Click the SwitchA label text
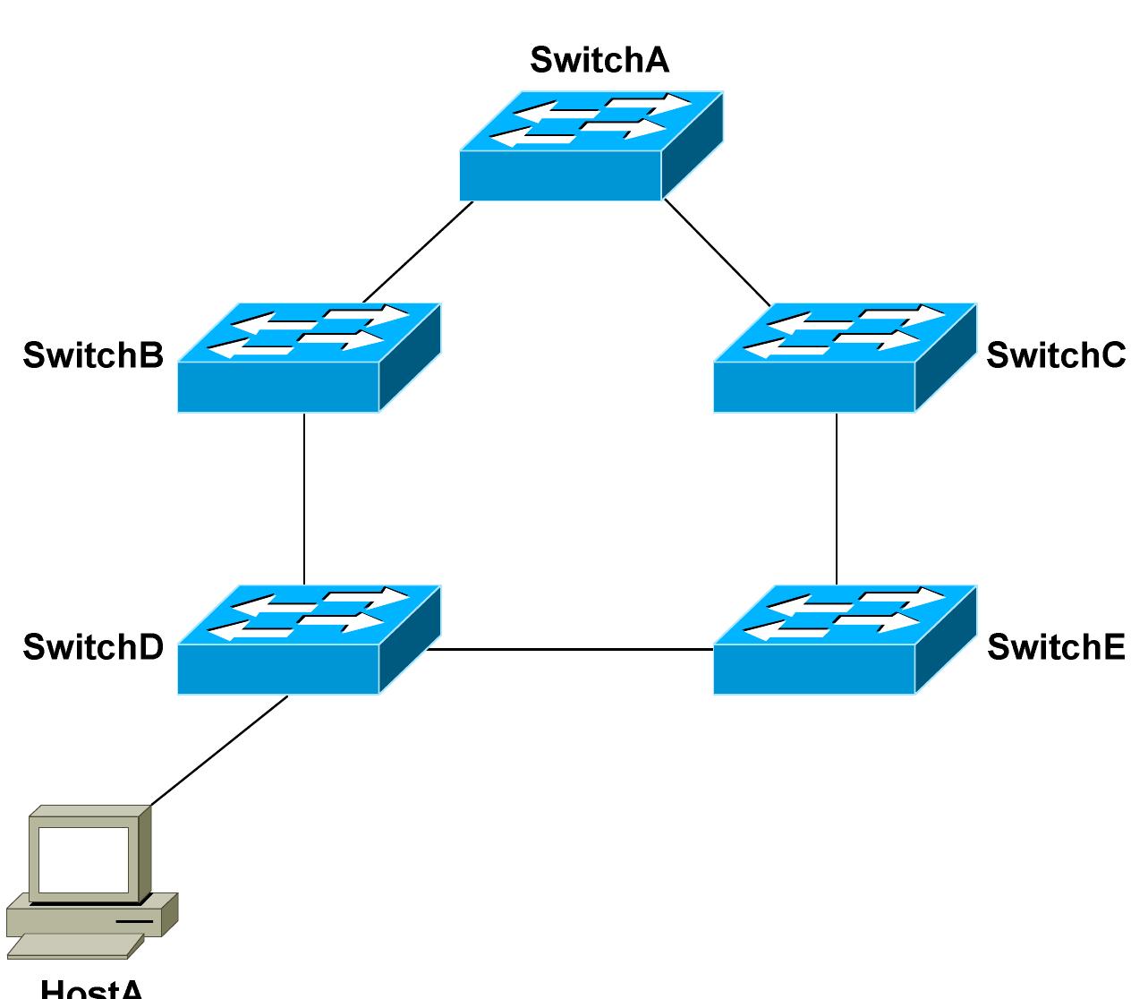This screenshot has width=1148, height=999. pyautogui.click(x=599, y=60)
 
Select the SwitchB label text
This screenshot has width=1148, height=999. pyautogui.click(x=93, y=355)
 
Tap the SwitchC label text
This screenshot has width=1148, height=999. pyautogui.click(x=1055, y=355)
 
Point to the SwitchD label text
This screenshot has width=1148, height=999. pyautogui.click(x=93, y=646)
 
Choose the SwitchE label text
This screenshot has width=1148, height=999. pyautogui.click(x=1055, y=646)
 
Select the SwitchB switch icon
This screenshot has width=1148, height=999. pyautogui.click(x=308, y=358)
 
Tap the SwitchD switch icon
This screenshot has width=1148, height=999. pyautogui.click(x=308, y=640)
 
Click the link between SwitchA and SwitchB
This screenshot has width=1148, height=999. pyautogui.click(x=418, y=252)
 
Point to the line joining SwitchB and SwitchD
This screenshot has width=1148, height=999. pyautogui.click(x=304, y=498)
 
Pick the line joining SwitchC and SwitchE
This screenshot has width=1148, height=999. pyautogui.click(x=837, y=498)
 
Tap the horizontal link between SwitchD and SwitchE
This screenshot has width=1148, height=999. pyautogui.click(x=571, y=649)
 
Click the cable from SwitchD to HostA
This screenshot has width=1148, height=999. pyautogui.click(x=219, y=750)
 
